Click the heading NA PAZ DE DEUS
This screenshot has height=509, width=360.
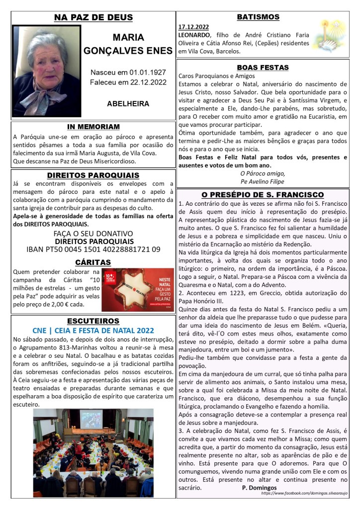[93, 18]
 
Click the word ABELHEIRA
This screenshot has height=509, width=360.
[128, 104]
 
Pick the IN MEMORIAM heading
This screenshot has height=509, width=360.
[93, 127]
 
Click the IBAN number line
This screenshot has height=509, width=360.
[93, 250]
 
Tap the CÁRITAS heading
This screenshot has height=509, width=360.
[93, 262]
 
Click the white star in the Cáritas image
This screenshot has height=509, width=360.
[127, 290]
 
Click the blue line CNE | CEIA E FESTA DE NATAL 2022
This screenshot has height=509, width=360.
[93, 330]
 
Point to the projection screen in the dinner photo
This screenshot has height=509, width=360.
[91, 420]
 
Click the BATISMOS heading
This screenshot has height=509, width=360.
[258, 17]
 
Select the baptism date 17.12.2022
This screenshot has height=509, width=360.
[194, 26]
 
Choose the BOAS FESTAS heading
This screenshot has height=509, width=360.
[263, 68]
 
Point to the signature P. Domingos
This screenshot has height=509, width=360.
[259, 488]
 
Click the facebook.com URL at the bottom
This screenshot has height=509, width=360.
[303, 493]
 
